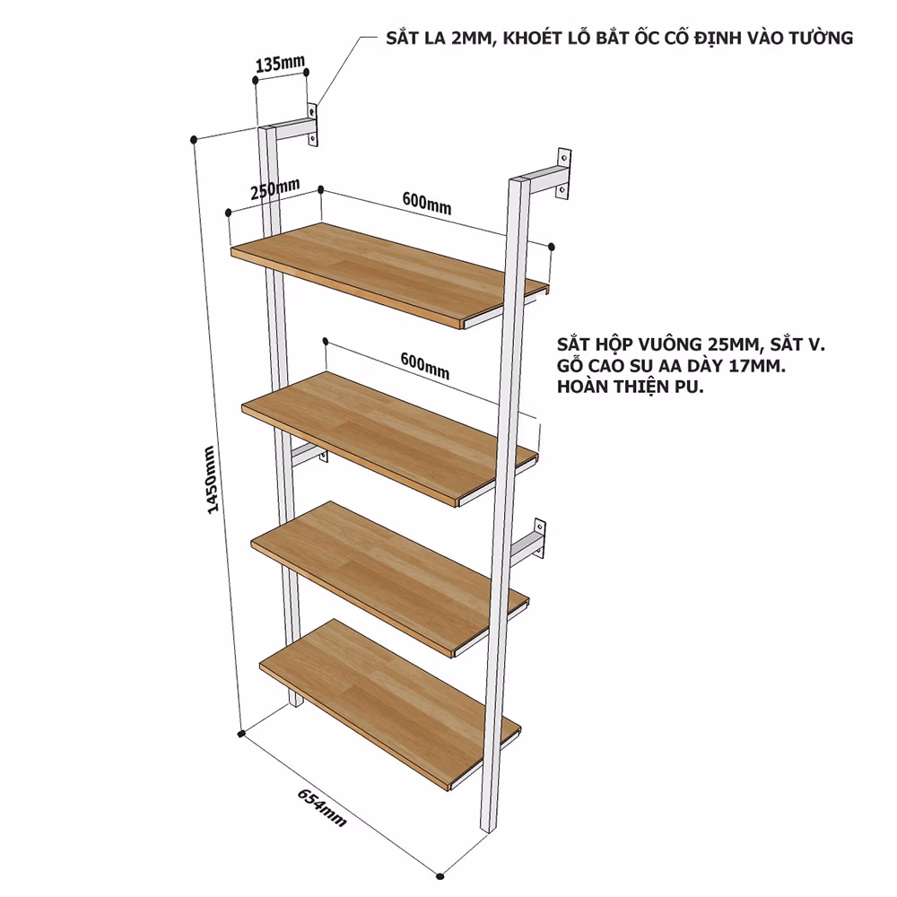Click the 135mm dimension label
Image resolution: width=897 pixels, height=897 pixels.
point(280,63)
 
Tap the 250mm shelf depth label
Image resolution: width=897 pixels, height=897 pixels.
point(275,188)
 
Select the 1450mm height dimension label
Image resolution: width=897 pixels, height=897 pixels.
point(211,479)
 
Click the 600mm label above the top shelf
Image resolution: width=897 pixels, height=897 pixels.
point(427,203)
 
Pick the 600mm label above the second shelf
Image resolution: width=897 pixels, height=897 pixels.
point(425,366)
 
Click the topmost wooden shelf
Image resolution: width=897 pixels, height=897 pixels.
point(390,275)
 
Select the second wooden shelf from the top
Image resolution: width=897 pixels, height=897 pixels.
point(389,439)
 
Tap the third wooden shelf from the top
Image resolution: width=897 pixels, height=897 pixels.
point(389,579)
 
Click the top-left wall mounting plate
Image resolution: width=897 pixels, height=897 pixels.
point(312,125)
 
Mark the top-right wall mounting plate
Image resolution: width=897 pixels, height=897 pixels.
point(564,174)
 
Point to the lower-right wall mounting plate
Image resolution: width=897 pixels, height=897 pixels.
point(539,538)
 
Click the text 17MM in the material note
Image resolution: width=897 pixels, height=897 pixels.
point(759,366)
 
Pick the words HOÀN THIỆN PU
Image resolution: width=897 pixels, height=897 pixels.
point(631,387)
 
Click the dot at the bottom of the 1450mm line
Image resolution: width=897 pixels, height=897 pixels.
point(241,733)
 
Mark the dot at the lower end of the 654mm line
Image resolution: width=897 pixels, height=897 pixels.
point(440,875)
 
